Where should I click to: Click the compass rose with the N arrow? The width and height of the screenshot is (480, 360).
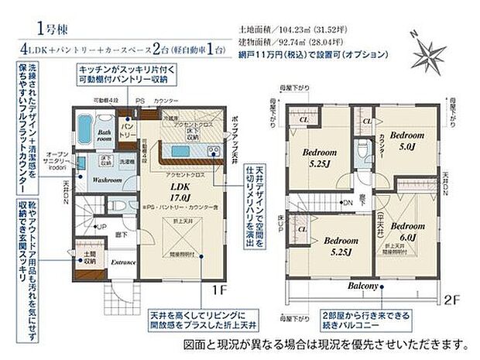click(426, 50)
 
